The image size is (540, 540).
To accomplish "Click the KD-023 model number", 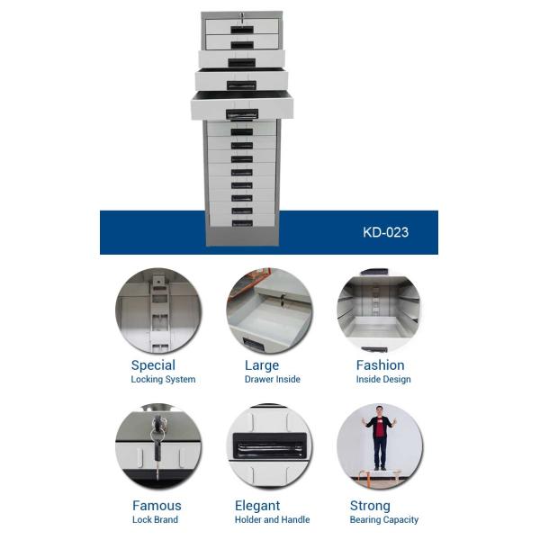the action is pyautogui.click(x=386, y=232).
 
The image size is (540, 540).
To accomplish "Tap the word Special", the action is pyautogui.click(x=153, y=365).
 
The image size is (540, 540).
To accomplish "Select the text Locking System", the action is pyautogui.click(x=163, y=379).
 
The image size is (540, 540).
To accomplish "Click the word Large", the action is pyautogui.click(x=262, y=365).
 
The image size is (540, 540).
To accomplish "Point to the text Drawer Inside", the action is pyautogui.click(x=273, y=379).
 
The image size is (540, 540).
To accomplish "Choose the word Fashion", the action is pyautogui.click(x=380, y=365).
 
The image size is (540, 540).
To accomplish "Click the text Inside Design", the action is pyautogui.click(x=383, y=379).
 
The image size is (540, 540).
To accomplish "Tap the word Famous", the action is pyautogui.click(x=157, y=506).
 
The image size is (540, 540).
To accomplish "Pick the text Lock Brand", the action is pyautogui.click(x=155, y=519).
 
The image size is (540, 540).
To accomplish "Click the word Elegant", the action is pyautogui.click(x=257, y=506).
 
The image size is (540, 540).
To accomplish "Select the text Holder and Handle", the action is pyautogui.click(x=272, y=519).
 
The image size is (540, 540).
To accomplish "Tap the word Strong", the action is pyautogui.click(x=370, y=506).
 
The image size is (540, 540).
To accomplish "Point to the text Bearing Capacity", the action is pyautogui.click(x=384, y=519).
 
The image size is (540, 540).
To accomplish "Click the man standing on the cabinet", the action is pyautogui.click(x=379, y=437).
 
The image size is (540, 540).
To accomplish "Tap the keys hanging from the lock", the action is pyautogui.click(x=157, y=445).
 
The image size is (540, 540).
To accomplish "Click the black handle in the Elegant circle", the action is pyautogui.click(x=270, y=446).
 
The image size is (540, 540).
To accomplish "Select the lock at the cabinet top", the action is pyautogui.click(x=242, y=16).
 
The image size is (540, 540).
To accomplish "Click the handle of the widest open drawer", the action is pyautogui.click(x=242, y=114).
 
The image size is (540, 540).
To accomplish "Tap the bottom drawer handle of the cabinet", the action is pyautogui.click(x=242, y=223).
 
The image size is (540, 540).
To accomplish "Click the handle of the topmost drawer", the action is pyautogui.click(x=242, y=30).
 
